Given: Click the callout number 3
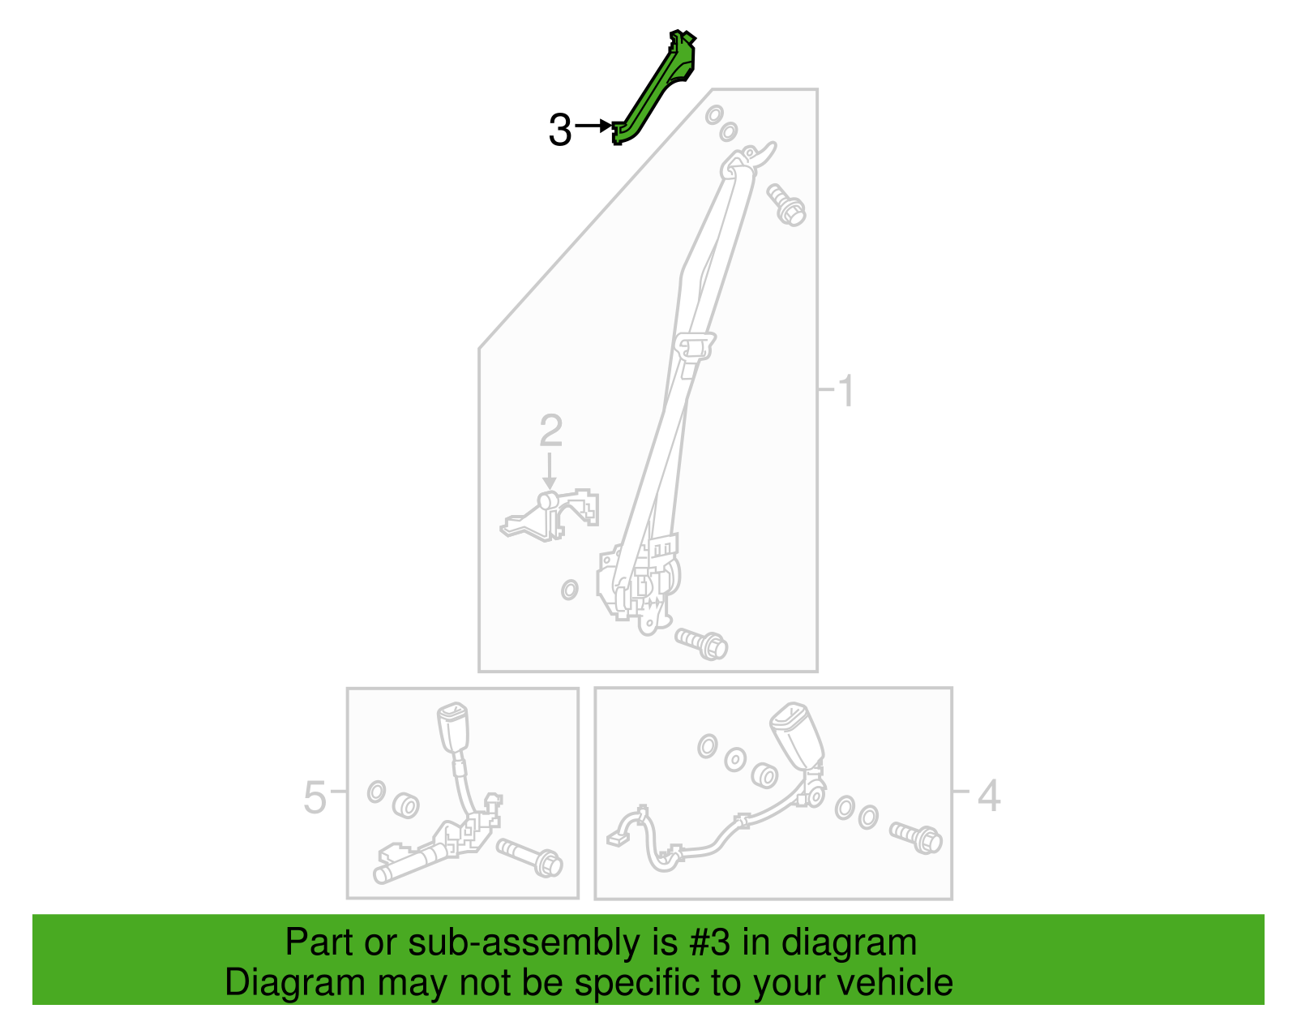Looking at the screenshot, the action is click(560, 130).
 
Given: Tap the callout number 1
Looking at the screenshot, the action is click(846, 391).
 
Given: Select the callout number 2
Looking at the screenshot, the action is click(550, 431).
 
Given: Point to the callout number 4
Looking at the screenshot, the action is click(989, 796).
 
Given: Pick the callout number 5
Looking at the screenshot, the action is click(315, 797).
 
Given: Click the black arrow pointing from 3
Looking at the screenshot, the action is click(593, 126).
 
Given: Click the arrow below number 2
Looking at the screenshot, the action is click(549, 471).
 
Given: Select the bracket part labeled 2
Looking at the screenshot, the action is click(549, 515).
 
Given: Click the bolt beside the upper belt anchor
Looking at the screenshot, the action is click(786, 204).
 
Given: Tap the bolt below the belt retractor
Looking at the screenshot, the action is click(701, 644).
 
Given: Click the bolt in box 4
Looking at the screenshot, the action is click(915, 838).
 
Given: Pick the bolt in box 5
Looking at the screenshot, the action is click(529, 858).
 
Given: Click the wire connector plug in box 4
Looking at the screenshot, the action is click(617, 839).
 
